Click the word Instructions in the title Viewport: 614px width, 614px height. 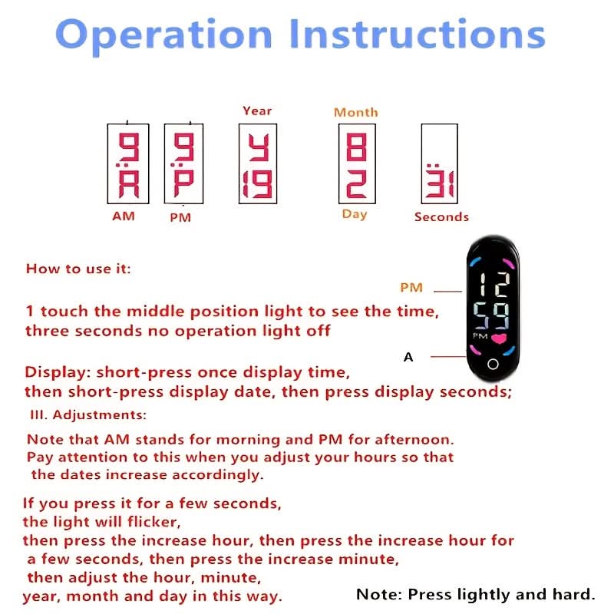pos(418,34)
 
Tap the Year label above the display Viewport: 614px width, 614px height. pos(257,111)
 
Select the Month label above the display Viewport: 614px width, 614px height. pos(356,112)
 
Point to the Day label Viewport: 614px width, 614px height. pos(355,215)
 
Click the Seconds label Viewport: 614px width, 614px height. pos(441,217)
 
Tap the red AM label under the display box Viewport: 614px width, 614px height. pos(124,216)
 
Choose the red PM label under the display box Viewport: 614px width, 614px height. pos(180,217)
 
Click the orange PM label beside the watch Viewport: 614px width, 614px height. pos(411,288)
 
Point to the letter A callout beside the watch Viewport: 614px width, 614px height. pos(408,357)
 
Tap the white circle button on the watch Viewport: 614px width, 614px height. pos(493,364)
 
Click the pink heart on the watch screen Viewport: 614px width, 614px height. pos(500,338)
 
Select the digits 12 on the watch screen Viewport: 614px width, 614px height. pos(495,284)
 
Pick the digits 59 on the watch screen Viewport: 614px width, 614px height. pos(492,315)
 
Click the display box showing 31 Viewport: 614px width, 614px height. pos(439,163)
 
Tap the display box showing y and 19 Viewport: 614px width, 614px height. pos(258,163)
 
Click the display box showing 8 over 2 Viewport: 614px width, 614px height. pos(357,163)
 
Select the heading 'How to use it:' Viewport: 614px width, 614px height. pos(78,269)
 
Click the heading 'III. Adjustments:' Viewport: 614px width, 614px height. pos(88,414)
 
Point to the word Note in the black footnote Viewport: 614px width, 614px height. pos(378,594)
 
